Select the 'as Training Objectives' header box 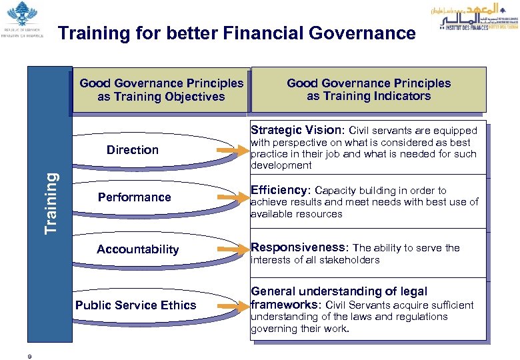coord(161,91)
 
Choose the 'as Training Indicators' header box coord(369,89)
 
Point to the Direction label coord(133,150)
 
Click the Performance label coord(134,197)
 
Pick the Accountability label coord(138,249)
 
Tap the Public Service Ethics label coord(135,305)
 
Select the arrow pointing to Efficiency coord(231,198)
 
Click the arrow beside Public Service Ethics coord(231,305)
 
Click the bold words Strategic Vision coord(296,130)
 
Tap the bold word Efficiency coord(280,190)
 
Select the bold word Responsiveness coord(299,247)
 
